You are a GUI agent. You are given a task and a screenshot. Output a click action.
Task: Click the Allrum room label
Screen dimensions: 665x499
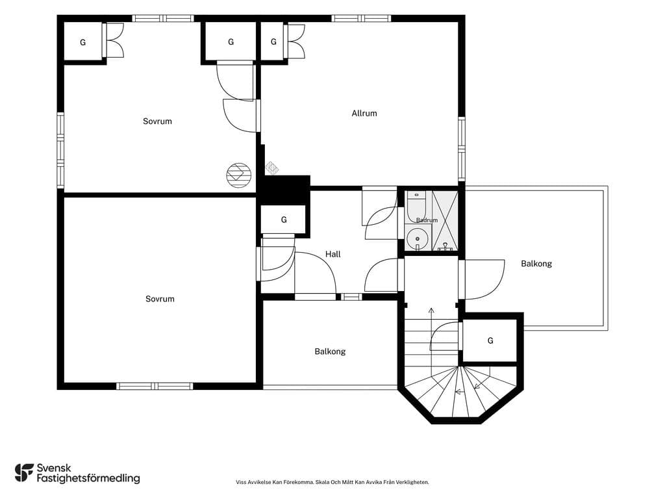pos(364,113)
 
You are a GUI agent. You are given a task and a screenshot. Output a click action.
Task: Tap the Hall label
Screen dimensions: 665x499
pos(333,254)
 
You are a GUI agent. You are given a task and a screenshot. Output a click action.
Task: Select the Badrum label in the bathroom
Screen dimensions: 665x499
pos(427,220)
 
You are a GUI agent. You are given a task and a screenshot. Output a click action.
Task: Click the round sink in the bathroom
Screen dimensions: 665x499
pos(418,238)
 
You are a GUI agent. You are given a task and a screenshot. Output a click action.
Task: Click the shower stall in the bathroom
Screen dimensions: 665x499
pos(445,221)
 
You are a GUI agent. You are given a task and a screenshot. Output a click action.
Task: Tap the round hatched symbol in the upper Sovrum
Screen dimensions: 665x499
pos(239,175)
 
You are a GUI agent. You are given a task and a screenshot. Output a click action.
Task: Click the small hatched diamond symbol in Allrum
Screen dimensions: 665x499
pos(272,167)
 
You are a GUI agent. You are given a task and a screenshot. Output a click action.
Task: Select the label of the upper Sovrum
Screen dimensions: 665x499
pos(157,122)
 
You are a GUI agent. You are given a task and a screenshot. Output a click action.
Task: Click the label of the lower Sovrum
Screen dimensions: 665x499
pos(160,299)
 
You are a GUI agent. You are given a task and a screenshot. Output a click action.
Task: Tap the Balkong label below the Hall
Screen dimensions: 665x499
pos(330,352)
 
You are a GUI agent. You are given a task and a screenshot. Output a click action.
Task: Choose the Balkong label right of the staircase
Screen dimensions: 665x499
pos(536,264)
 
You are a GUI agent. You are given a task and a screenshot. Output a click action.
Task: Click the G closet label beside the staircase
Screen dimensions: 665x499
pos(491,340)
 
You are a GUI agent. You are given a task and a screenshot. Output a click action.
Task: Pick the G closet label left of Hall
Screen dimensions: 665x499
pos(284,220)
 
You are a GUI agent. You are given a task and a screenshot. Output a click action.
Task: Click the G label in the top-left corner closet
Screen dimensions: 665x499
pos(83,42)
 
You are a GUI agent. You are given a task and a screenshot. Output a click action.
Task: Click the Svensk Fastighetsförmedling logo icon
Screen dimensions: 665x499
pos(24,473)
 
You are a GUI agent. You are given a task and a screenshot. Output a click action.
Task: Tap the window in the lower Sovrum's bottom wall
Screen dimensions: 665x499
pos(155,386)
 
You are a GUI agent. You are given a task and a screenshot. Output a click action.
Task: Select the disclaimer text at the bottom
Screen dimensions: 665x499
pos(332,482)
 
